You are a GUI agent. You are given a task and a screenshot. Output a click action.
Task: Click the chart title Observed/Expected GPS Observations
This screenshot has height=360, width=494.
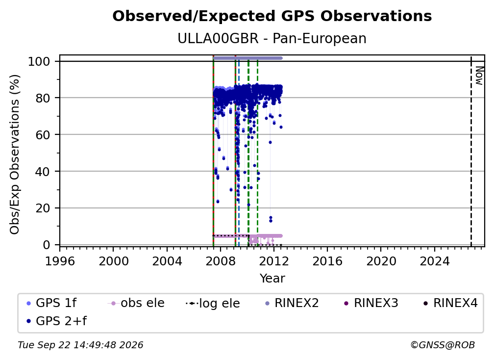pyautogui.click(x=272, y=16)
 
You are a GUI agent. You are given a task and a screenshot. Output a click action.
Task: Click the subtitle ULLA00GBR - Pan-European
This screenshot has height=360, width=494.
pyautogui.click(x=272, y=39)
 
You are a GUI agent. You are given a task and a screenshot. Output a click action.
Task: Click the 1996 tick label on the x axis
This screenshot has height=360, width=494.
pyautogui.click(x=60, y=261)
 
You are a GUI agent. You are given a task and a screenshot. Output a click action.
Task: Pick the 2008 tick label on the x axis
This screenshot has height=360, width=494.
pyautogui.click(x=221, y=261)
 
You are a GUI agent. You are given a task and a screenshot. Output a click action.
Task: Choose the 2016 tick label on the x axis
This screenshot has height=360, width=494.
pyautogui.click(x=327, y=261)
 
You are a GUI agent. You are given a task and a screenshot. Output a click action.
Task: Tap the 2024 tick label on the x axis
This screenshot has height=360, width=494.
pyautogui.click(x=434, y=261)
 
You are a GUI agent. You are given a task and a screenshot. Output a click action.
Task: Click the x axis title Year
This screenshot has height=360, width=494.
pyautogui.click(x=272, y=279)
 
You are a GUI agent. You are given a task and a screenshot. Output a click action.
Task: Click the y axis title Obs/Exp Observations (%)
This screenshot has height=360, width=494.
pyautogui.click(x=15, y=154)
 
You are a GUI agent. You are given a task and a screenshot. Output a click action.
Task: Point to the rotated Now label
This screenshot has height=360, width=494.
pyautogui.click(x=479, y=76)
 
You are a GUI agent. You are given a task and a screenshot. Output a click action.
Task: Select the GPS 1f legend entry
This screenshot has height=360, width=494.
pyautogui.click(x=51, y=303)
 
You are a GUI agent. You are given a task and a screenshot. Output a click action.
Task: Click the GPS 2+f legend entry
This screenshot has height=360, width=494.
pyautogui.click(x=56, y=321)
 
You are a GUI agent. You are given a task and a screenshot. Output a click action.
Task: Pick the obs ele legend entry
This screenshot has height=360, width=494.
pyautogui.click(x=136, y=303)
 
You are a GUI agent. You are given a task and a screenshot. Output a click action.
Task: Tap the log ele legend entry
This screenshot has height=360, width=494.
pyautogui.click(x=213, y=303)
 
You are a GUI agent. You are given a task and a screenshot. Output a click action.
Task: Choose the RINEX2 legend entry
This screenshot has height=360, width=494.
pyautogui.click(x=292, y=303)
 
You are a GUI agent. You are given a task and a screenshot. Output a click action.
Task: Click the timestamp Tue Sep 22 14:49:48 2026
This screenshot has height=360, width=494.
pyautogui.click(x=80, y=345)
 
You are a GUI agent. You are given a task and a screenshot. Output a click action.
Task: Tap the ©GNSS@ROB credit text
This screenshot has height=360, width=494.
pyautogui.click(x=443, y=345)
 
